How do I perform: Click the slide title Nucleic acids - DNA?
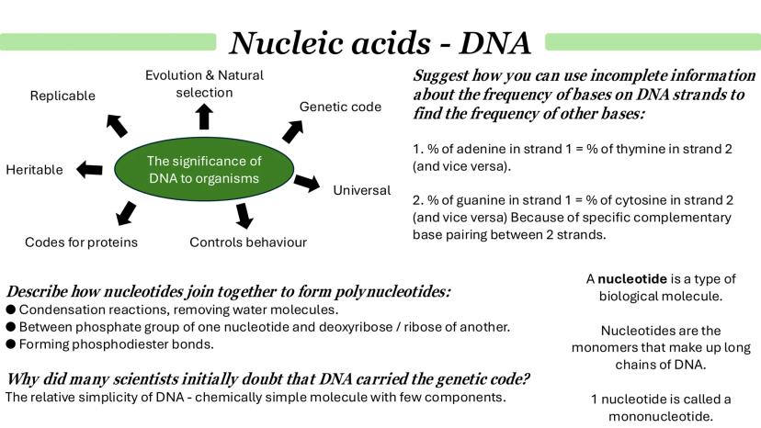380,41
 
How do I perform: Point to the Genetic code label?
340,107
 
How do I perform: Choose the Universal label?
361,190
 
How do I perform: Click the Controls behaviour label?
248,242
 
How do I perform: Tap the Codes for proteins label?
82,242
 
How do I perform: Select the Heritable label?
34,170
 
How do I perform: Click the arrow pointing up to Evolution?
204,116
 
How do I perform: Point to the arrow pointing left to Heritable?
89,169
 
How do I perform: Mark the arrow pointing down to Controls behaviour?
244,215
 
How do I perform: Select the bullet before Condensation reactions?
10,310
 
